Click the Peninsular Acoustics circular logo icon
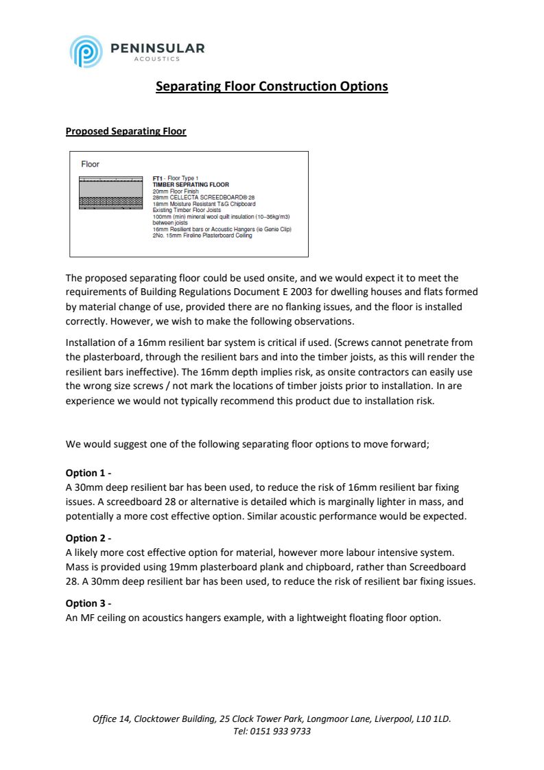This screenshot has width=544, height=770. [84, 51]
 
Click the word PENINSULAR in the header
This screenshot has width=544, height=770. [157, 48]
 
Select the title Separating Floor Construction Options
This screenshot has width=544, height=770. [272, 86]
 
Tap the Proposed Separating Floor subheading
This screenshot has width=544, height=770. [126, 131]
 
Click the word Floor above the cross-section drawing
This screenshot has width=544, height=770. [90, 164]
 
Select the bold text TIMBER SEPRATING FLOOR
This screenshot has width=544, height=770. [191, 185]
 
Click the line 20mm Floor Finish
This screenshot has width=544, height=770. [176, 191]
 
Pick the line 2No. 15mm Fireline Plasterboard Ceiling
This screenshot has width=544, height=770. [202, 235]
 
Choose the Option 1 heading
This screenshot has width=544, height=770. [88, 473]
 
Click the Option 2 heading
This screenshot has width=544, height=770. [88, 538]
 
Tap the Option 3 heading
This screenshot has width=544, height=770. [88, 603]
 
